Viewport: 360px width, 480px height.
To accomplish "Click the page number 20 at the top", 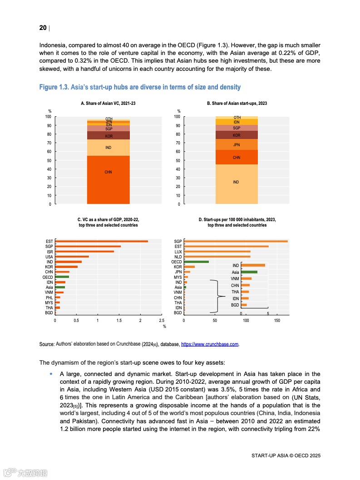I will tap(43, 28).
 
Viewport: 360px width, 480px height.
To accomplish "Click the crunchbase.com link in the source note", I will tap(210, 345).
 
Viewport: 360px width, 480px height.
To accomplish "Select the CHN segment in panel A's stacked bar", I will tap(108, 180).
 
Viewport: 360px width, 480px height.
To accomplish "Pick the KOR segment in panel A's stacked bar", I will tap(108, 135).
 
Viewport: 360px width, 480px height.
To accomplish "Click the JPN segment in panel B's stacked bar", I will tap(236, 145).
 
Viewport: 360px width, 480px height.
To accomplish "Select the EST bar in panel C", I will tap(101, 241).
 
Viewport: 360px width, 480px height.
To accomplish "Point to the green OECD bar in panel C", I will tap(62, 277).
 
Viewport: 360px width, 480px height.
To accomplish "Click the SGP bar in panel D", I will tap(236, 241).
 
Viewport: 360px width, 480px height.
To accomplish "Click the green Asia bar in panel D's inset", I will tap(249, 272).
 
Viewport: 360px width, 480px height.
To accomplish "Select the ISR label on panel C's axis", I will tap(49, 252).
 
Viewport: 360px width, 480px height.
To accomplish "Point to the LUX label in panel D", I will tap(178, 252).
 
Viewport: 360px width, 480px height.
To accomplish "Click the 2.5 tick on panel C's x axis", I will tap(162, 321).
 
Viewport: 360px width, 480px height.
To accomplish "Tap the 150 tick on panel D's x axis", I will tap(277, 321).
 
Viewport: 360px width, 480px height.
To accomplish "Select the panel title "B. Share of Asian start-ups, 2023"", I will tap(237, 104).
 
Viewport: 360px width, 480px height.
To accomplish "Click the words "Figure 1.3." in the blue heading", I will tap(54, 87).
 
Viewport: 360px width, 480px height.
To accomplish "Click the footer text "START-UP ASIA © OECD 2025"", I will tap(286, 455).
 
